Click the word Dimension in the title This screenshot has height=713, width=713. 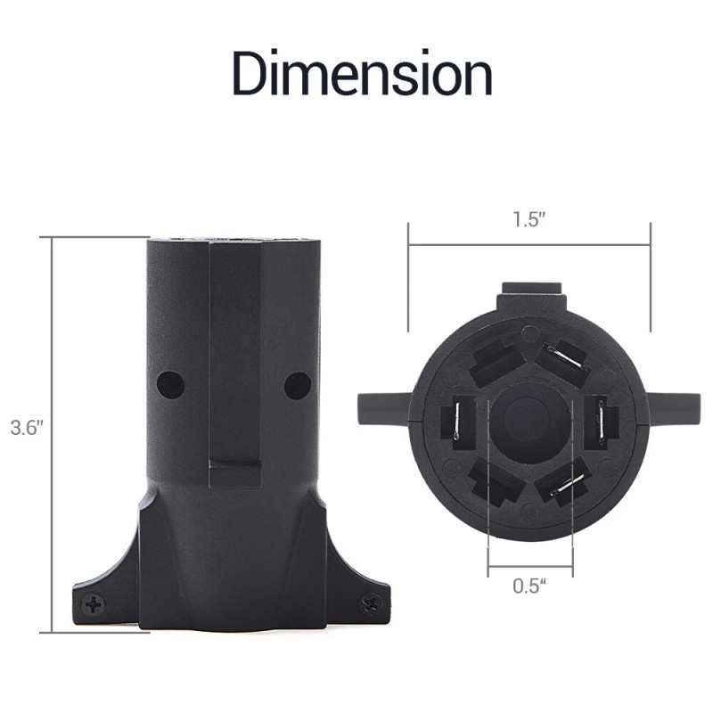point(363,73)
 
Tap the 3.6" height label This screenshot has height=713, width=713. point(27,428)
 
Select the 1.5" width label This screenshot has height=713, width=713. point(529,219)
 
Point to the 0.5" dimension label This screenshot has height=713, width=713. point(529,586)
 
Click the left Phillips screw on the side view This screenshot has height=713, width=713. point(94,604)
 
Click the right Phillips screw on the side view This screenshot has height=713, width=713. point(371,604)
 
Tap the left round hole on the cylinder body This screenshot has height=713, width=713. point(170,385)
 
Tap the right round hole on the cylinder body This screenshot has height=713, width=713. point(298,385)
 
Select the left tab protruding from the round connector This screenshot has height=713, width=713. point(384,409)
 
